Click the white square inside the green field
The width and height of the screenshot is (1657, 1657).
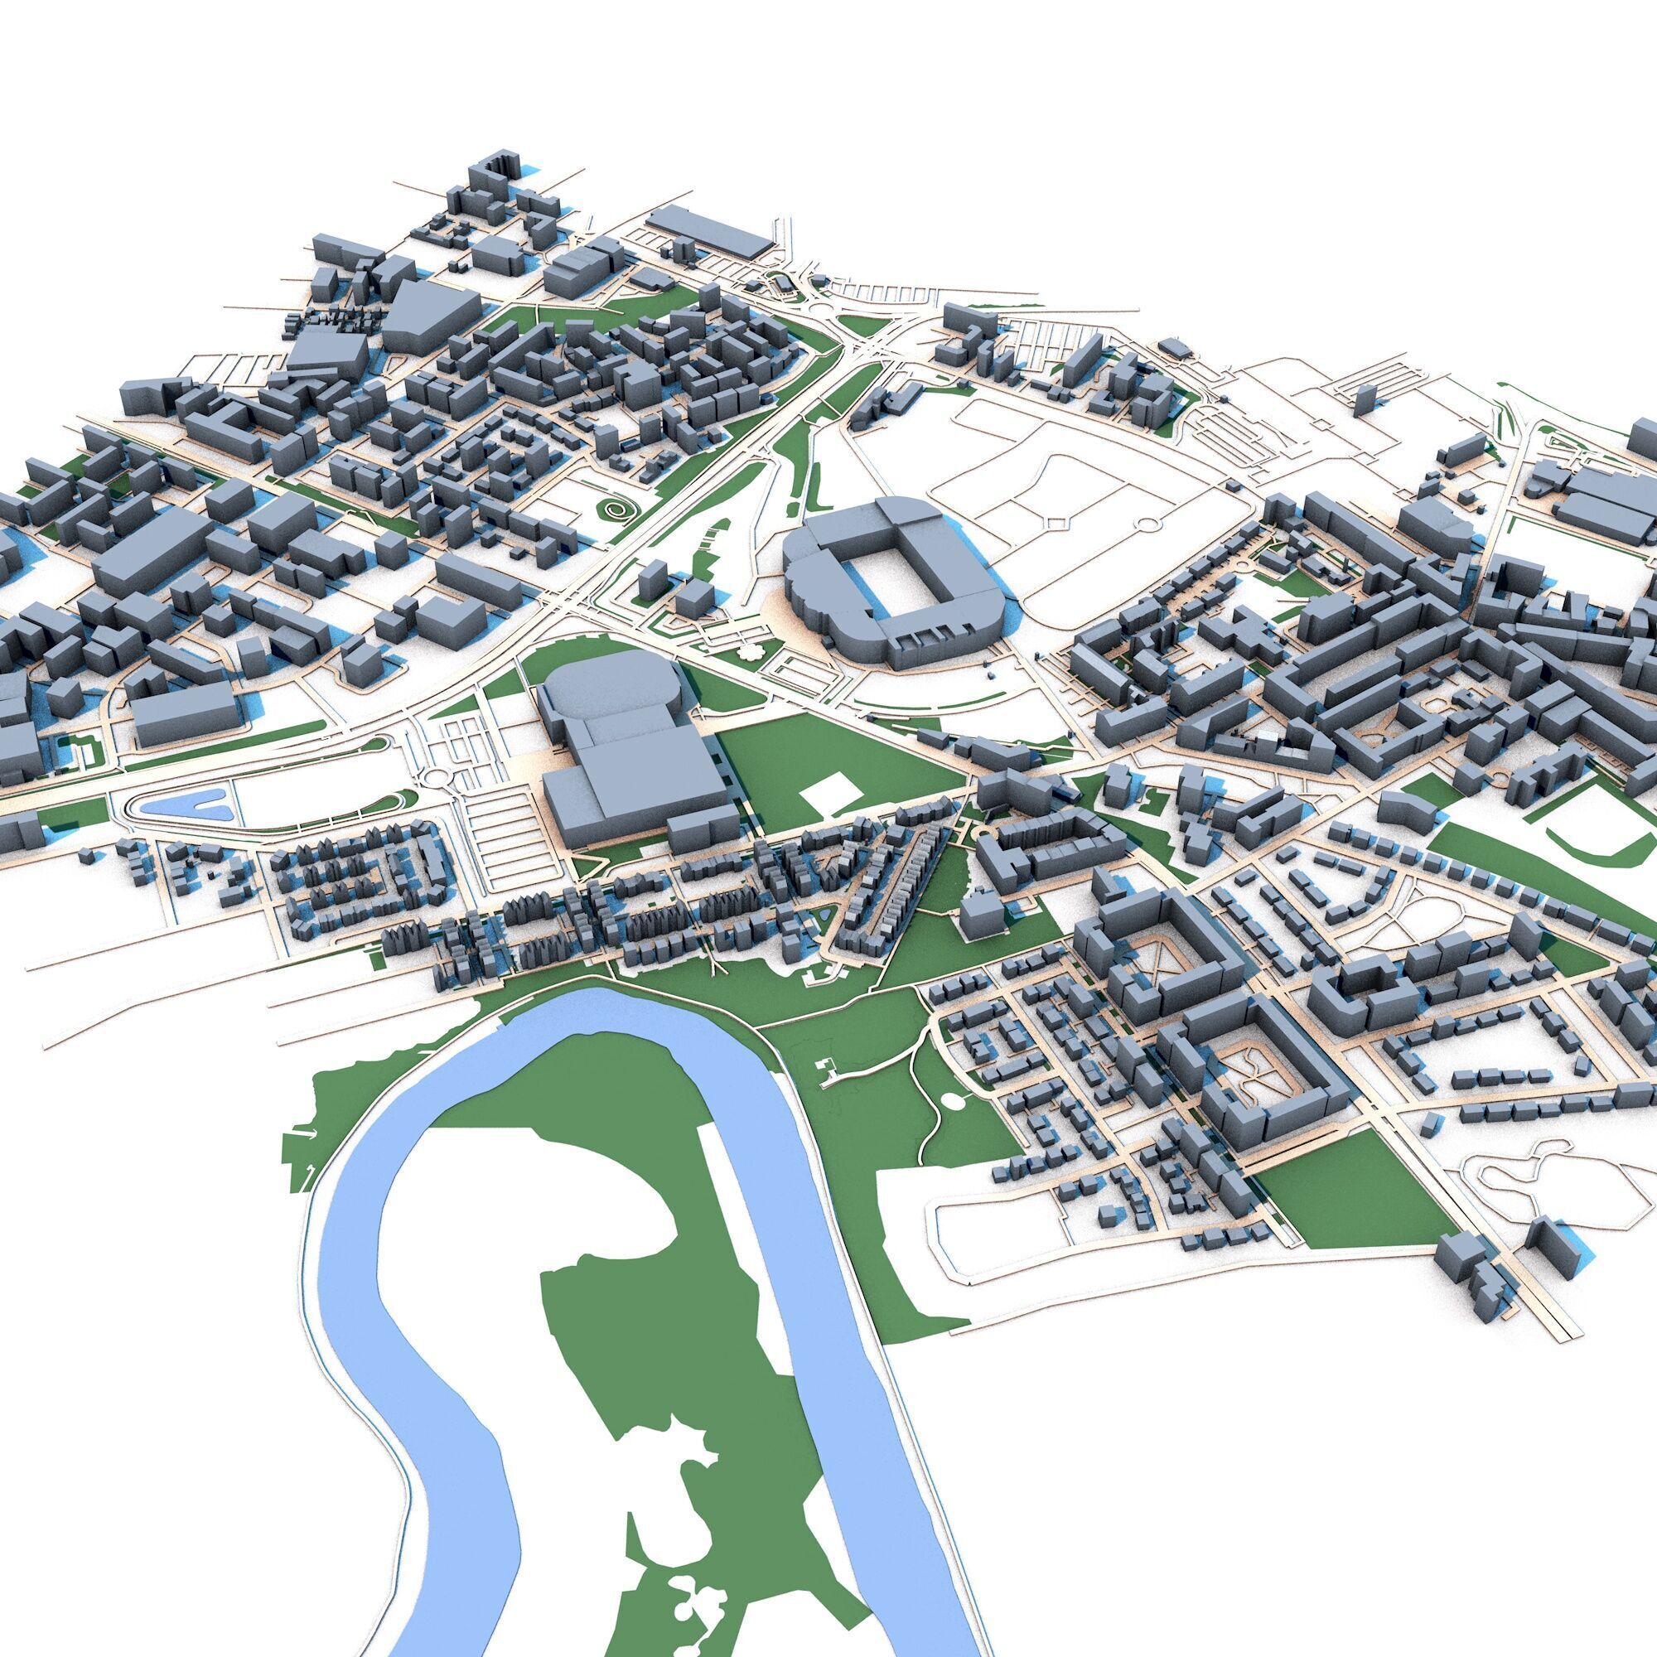tap(829, 789)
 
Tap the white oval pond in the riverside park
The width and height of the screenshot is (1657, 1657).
tap(951, 1099)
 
